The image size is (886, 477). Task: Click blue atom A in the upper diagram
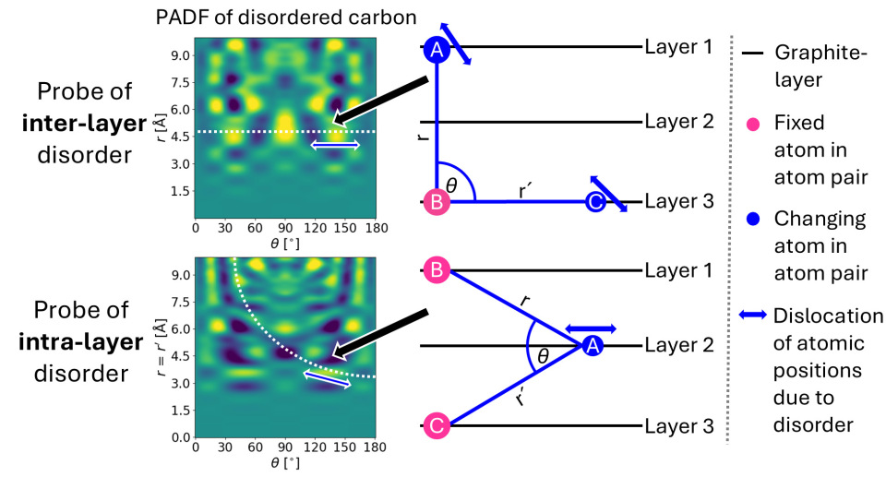click(x=437, y=52)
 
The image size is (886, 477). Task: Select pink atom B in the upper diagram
click(x=437, y=202)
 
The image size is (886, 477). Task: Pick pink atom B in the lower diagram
click(x=437, y=270)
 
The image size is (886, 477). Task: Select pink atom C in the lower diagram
click(x=437, y=425)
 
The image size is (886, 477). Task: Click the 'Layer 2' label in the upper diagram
click(x=678, y=122)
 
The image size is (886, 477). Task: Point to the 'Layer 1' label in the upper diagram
click(x=678, y=46)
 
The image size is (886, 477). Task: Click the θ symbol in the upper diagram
click(x=451, y=185)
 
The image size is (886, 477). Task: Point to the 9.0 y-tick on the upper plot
click(x=180, y=55)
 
